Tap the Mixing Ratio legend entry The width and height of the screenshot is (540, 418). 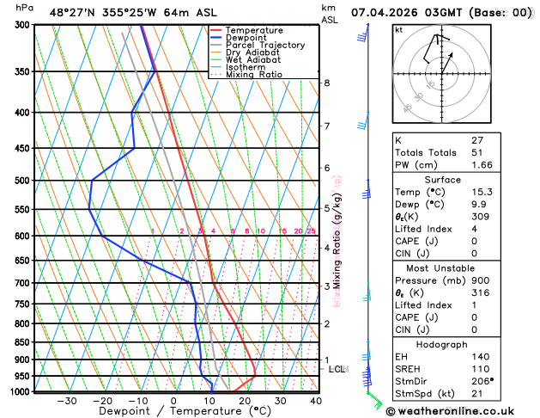[253, 75]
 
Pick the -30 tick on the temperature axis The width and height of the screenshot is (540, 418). [67, 401]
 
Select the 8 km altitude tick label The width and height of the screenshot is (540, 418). [327, 83]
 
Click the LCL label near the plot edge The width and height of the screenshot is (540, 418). [337, 369]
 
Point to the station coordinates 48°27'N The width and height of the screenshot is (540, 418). [76, 13]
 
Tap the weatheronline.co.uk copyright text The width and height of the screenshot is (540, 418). [463, 411]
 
